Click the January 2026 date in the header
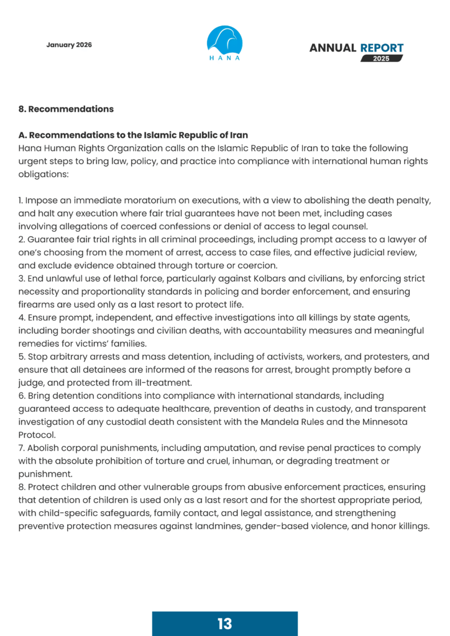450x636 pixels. (69, 45)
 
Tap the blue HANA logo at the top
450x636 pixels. (224, 43)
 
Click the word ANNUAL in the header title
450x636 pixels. (333, 48)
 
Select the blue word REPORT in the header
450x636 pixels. (382, 48)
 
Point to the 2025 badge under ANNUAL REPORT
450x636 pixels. (382, 58)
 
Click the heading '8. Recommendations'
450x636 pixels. (66, 109)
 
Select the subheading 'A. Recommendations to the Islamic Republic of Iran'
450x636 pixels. (133, 135)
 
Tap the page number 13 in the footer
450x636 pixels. (224, 624)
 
